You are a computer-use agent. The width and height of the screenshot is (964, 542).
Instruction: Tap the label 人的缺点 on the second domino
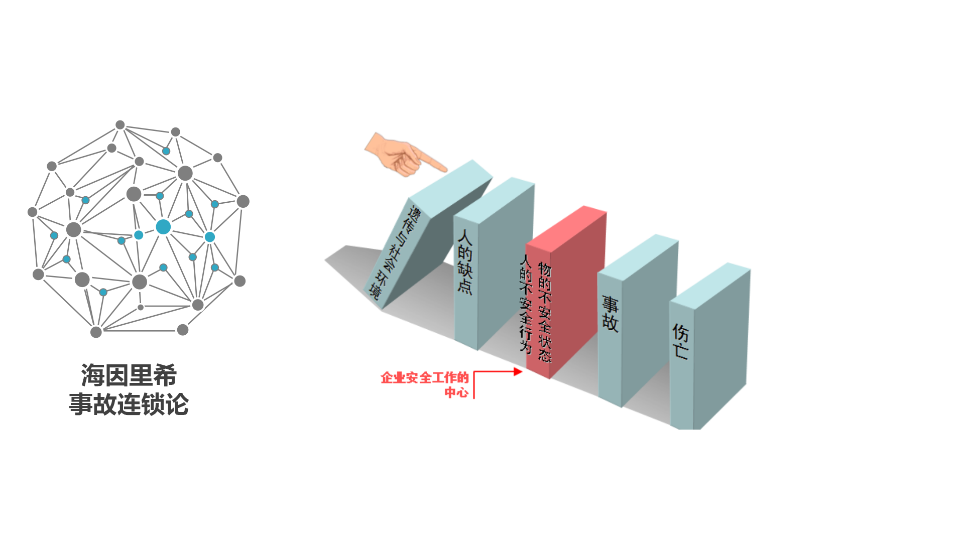[465, 261]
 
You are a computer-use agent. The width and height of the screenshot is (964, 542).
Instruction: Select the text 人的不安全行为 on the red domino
[526, 303]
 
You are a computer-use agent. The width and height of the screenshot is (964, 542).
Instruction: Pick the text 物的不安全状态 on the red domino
[545, 311]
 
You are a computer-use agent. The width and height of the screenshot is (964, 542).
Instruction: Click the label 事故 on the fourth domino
[610, 314]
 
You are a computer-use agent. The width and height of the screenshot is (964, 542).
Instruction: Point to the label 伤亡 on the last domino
[680, 341]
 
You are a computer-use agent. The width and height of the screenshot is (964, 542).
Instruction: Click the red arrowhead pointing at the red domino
[518, 372]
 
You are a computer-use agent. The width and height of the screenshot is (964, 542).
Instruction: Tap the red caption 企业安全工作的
[425, 378]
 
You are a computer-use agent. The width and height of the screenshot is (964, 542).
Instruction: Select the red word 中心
[456, 392]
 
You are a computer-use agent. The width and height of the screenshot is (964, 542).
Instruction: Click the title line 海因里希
[129, 375]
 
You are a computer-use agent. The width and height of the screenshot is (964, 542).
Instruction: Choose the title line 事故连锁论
[129, 404]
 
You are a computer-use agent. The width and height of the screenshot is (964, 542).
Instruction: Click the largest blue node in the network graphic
[163, 227]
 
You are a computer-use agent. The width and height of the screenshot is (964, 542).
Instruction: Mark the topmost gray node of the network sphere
[120, 125]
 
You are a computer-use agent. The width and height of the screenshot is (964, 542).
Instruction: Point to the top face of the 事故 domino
[638, 256]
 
